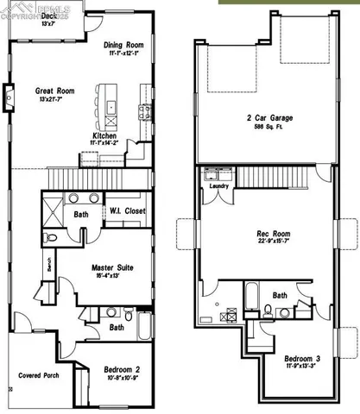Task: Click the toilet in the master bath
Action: pyautogui.click(x=51, y=235)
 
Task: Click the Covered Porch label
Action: pyautogui.click(x=39, y=376)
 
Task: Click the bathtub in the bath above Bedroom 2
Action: pyautogui.click(x=145, y=326)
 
